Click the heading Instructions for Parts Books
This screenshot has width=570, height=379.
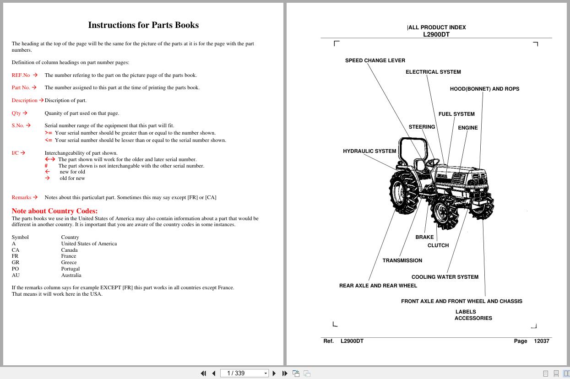click(x=143, y=25)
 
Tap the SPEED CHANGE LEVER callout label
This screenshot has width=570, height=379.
click(x=375, y=60)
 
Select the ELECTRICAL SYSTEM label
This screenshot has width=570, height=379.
click(x=433, y=72)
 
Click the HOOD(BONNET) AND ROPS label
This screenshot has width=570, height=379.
click(x=484, y=89)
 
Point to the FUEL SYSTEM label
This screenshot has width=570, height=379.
click(x=456, y=114)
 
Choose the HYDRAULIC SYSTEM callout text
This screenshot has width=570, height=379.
click(x=369, y=151)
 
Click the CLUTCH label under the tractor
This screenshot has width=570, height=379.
click(x=438, y=245)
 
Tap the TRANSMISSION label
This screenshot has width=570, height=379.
click(x=402, y=260)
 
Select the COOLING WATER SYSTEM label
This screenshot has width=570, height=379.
click(x=445, y=277)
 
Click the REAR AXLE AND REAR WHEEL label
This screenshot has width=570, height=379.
click(x=378, y=286)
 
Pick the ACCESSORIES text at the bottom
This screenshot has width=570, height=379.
click(x=473, y=318)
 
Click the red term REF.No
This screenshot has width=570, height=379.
click(x=21, y=75)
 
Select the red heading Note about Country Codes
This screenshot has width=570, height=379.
click(x=54, y=211)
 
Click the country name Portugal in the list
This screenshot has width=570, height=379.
click(x=71, y=269)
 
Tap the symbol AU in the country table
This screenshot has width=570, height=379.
click(x=16, y=275)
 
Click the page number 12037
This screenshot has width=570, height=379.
click(x=542, y=341)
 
